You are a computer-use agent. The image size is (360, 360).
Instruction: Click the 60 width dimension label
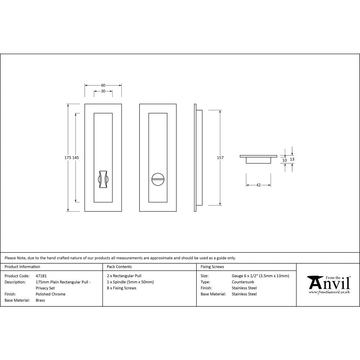pos(103,85)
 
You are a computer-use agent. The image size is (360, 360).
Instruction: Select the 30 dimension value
pos(103,91)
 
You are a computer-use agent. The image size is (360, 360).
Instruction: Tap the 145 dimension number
pos(76,158)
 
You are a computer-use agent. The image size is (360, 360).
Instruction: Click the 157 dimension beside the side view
pos(220,158)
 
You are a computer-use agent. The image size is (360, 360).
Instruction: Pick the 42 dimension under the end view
pos(258,185)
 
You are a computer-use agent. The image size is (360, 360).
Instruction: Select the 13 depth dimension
pos(292,159)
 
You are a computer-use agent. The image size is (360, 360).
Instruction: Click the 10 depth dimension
pos(285,161)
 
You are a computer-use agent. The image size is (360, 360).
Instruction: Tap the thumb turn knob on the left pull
pos(103,178)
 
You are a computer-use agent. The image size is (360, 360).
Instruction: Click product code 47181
pos(41,276)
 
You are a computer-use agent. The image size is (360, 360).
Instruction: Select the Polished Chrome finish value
pos(50,294)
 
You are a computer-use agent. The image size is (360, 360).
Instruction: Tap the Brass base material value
pos(40,300)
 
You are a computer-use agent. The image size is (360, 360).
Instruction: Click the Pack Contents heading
pos(119,267)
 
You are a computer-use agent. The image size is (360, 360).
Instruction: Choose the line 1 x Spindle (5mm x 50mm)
pos(130,282)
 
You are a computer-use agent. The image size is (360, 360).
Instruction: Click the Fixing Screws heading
pos(212,267)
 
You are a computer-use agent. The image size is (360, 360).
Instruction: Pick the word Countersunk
pos(243,282)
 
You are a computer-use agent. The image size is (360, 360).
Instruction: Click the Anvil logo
pos(329,283)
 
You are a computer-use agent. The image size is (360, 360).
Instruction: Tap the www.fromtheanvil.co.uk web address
pos(329,292)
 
